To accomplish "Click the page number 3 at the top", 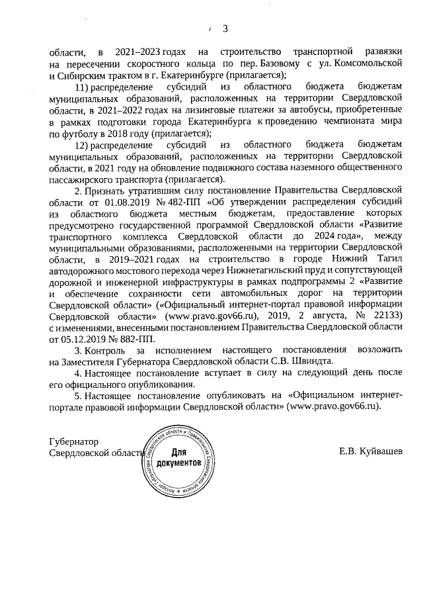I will pyautogui.click(x=225, y=28).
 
